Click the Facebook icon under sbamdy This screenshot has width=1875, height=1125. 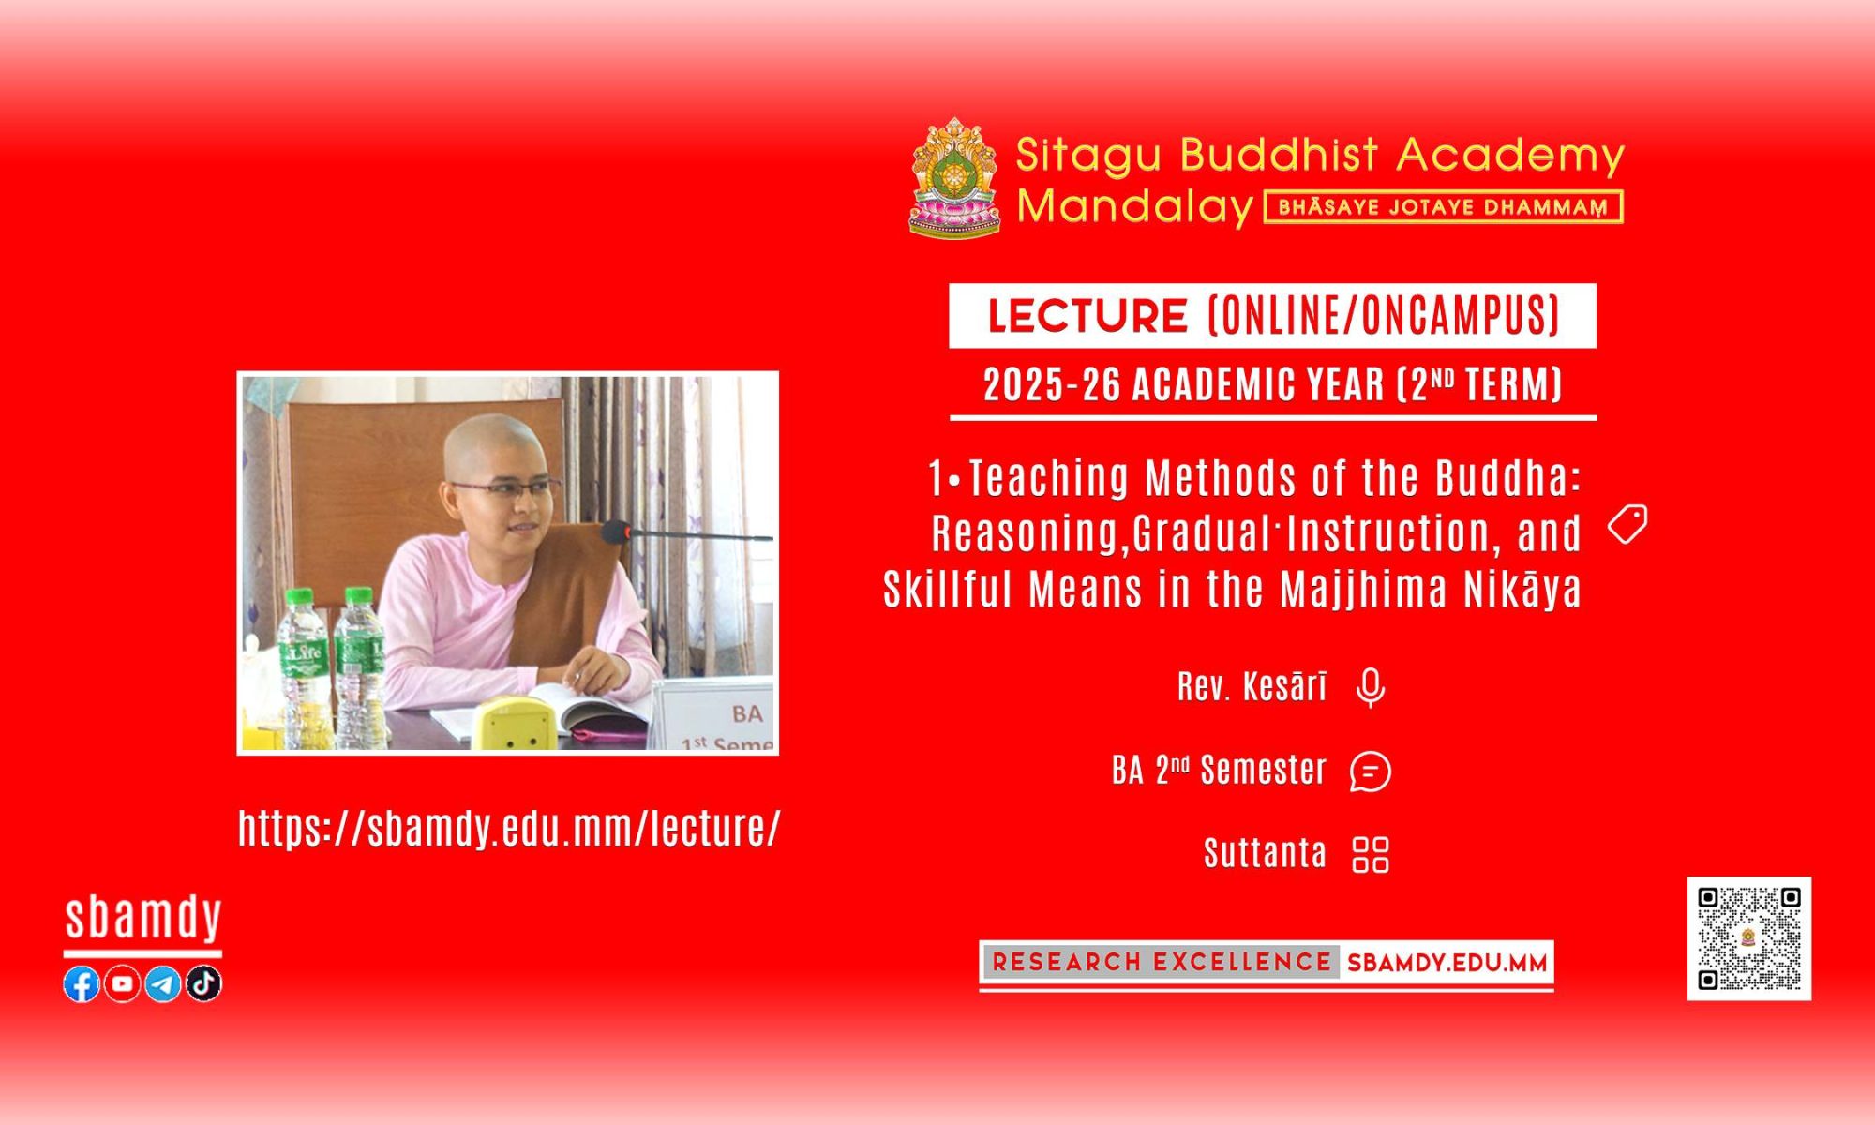[82, 983]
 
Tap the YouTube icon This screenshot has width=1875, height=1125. [122, 983]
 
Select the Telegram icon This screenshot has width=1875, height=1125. [163, 983]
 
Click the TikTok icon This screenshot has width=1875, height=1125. [203, 983]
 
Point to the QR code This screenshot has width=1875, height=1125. [1749, 938]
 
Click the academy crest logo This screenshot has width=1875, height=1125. [955, 177]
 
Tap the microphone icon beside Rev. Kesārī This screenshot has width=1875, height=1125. [1371, 688]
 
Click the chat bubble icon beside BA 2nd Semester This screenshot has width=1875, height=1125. [1371, 772]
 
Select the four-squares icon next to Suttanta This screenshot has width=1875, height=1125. [1371, 854]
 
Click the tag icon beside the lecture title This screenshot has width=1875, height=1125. [1627, 524]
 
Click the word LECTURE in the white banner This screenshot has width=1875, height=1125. [1087, 316]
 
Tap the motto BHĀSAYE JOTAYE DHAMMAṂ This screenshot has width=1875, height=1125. [1443, 207]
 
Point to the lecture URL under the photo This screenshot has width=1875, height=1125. [509, 828]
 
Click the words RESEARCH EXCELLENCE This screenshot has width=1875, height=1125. [1162, 962]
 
